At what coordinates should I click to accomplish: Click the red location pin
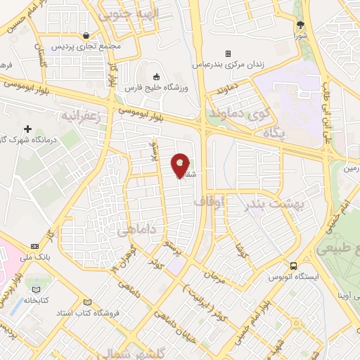[181, 165]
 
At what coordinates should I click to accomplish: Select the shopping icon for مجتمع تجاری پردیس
[86, 35]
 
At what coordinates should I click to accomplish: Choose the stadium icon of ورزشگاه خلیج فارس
[156, 77]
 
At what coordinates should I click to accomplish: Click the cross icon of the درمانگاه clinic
[27, 129]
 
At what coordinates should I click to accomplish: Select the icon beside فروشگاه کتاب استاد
[87, 300]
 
